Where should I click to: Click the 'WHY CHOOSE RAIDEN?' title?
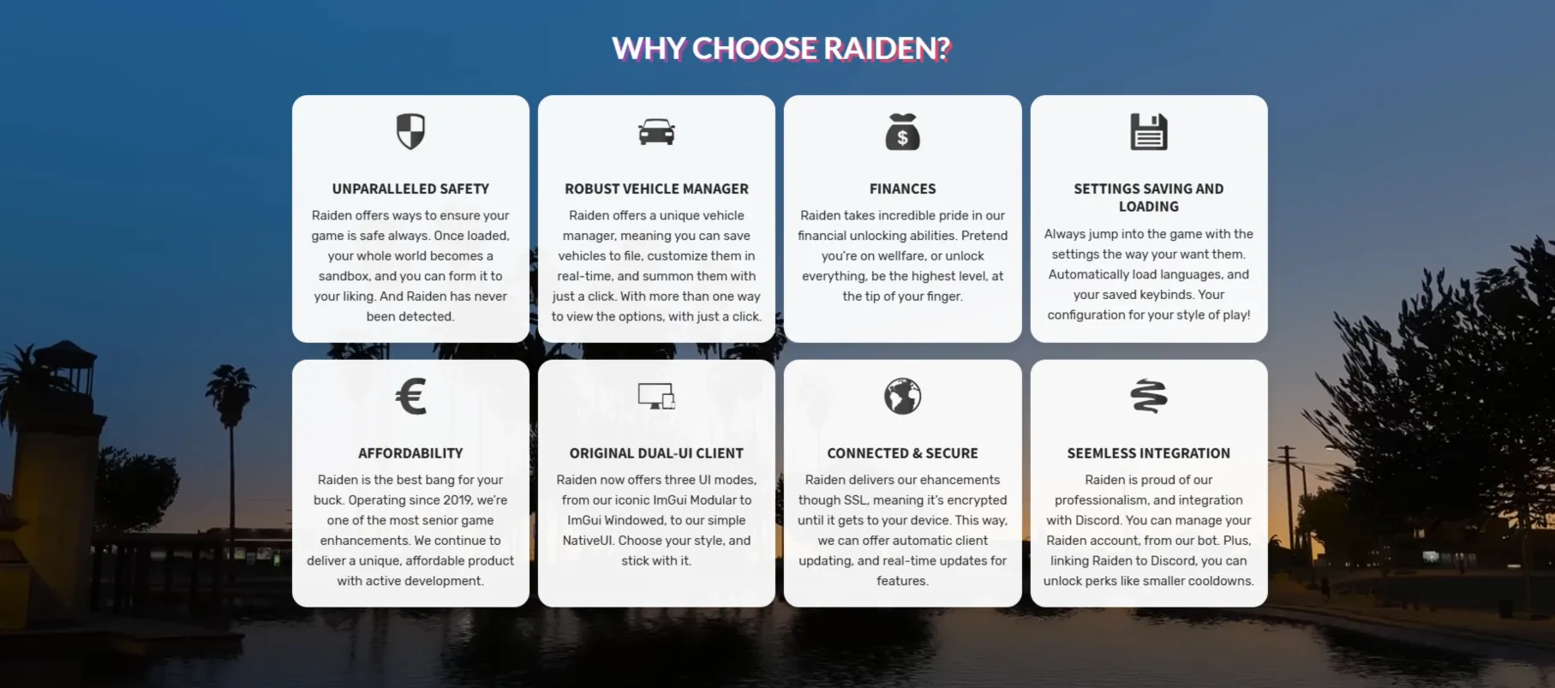[781, 49]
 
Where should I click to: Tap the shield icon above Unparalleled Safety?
[410, 131]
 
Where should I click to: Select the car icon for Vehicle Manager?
[656, 132]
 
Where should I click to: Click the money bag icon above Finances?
[902, 132]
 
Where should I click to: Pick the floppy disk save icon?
[1149, 132]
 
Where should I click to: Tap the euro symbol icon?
[410, 397]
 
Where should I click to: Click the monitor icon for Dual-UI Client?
[656, 396]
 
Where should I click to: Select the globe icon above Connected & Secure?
[902, 396]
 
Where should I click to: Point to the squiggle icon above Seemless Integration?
[1149, 396]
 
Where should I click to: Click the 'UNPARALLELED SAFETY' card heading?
[410, 188]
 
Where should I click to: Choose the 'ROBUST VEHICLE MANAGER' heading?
[656, 188]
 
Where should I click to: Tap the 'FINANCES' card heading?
[902, 188]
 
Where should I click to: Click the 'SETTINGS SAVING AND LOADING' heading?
[1149, 197]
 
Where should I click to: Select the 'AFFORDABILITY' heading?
[410, 453]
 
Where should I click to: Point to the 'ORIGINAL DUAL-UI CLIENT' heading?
[656, 453]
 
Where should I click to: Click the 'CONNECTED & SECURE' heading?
[902, 453]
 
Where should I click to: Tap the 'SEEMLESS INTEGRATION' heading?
[1149, 453]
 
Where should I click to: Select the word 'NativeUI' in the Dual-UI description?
[587, 541]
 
